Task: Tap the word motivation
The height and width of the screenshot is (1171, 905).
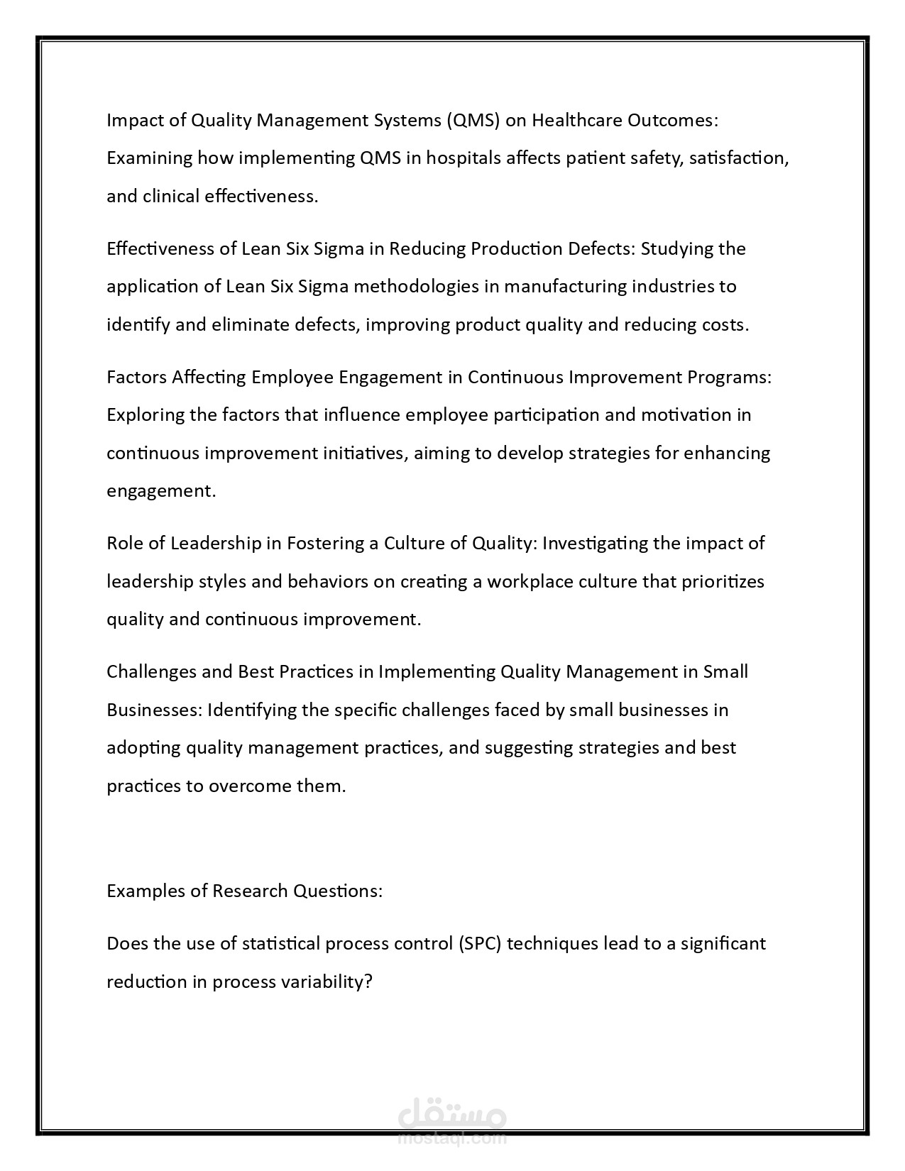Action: (686, 414)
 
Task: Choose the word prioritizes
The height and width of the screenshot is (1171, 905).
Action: (723, 582)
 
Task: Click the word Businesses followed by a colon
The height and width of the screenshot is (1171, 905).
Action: (154, 710)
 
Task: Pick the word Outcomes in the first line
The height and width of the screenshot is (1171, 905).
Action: (672, 121)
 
